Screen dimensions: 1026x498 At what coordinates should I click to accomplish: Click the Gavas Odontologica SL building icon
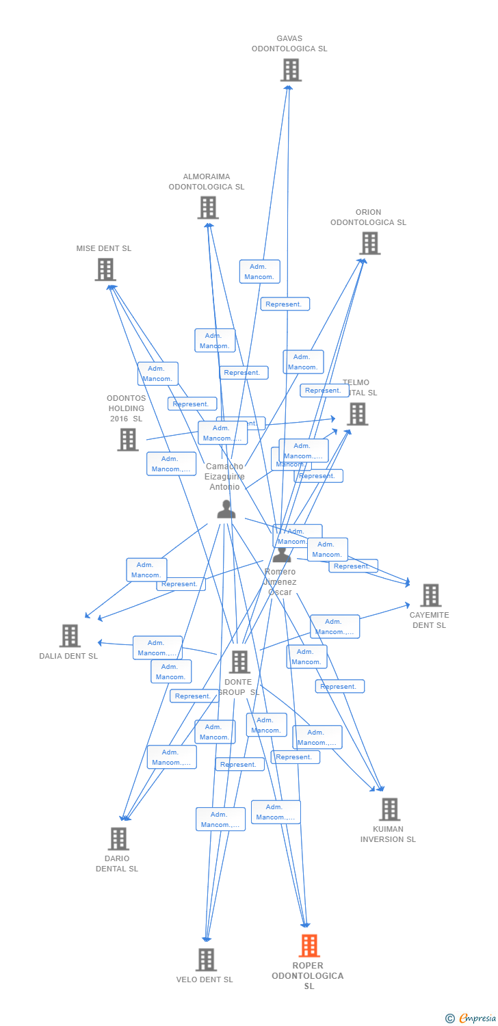[x=291, y=70]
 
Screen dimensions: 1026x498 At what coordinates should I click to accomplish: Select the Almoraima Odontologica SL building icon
[x=208, y=207]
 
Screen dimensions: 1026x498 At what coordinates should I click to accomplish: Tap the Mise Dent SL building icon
[x=105, y=269]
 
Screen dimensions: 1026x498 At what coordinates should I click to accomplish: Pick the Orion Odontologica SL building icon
[x=369, y=243]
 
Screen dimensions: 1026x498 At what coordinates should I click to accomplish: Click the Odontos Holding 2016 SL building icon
[x=128, y=439]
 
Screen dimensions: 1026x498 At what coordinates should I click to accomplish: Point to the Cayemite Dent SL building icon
[x=430, y=595]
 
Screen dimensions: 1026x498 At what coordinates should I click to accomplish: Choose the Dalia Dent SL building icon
[x=70, y=635]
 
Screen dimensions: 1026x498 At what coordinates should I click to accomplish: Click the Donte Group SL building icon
[x=239, y=661]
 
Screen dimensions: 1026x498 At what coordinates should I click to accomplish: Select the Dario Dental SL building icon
[x=118, y=839]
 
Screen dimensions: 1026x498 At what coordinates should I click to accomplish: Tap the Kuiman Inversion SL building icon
[x=389, y=809]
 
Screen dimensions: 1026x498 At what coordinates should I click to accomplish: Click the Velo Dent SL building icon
[x=206, y=960]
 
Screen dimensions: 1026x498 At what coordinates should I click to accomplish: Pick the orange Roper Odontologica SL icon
[x=309, y=946]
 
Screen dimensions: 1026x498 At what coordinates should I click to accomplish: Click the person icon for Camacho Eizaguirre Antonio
[x=226, y=509]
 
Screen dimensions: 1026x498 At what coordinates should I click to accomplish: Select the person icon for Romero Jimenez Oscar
[x=282, y=555]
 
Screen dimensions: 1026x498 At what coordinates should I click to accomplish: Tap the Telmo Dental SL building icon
[x=357, y=414]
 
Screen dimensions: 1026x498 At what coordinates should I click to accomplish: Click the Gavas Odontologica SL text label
[x=289, y=44]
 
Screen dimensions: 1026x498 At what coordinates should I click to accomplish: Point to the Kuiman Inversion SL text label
[x=388, y=834]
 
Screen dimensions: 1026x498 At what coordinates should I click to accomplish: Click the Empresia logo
[x=471, y=1018]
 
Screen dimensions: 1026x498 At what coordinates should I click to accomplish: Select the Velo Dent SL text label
[x=205, y=979]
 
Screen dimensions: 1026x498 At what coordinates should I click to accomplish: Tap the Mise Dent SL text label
[x=104, y=248]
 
